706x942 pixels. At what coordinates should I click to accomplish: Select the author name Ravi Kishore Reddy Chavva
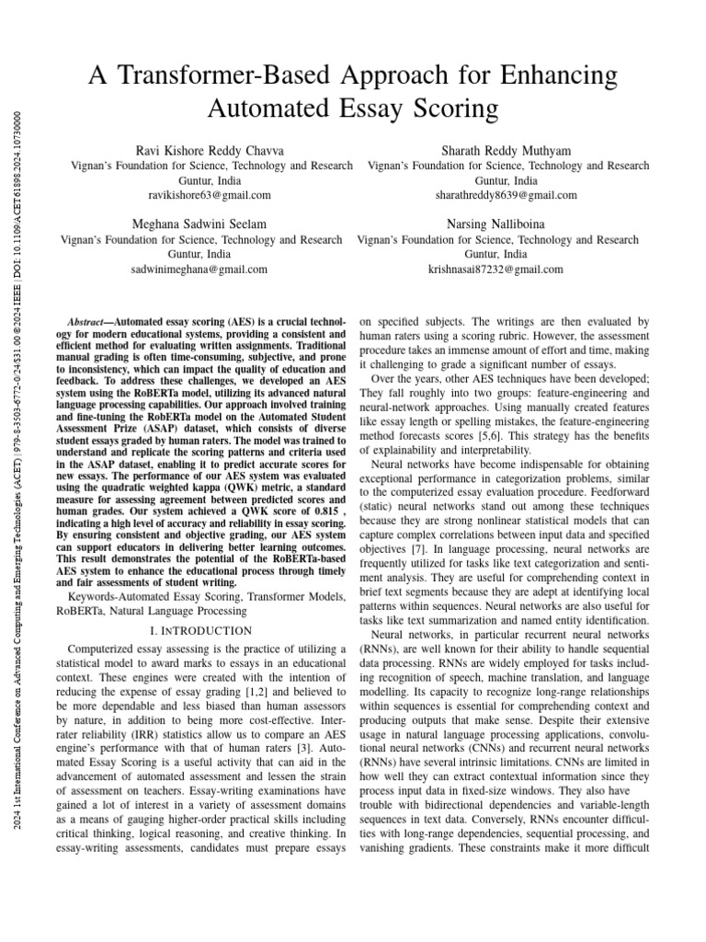tap(209, 149)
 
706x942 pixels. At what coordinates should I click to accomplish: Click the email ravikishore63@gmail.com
tap(209, 195)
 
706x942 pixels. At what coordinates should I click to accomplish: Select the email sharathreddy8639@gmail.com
tap(506, 195)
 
